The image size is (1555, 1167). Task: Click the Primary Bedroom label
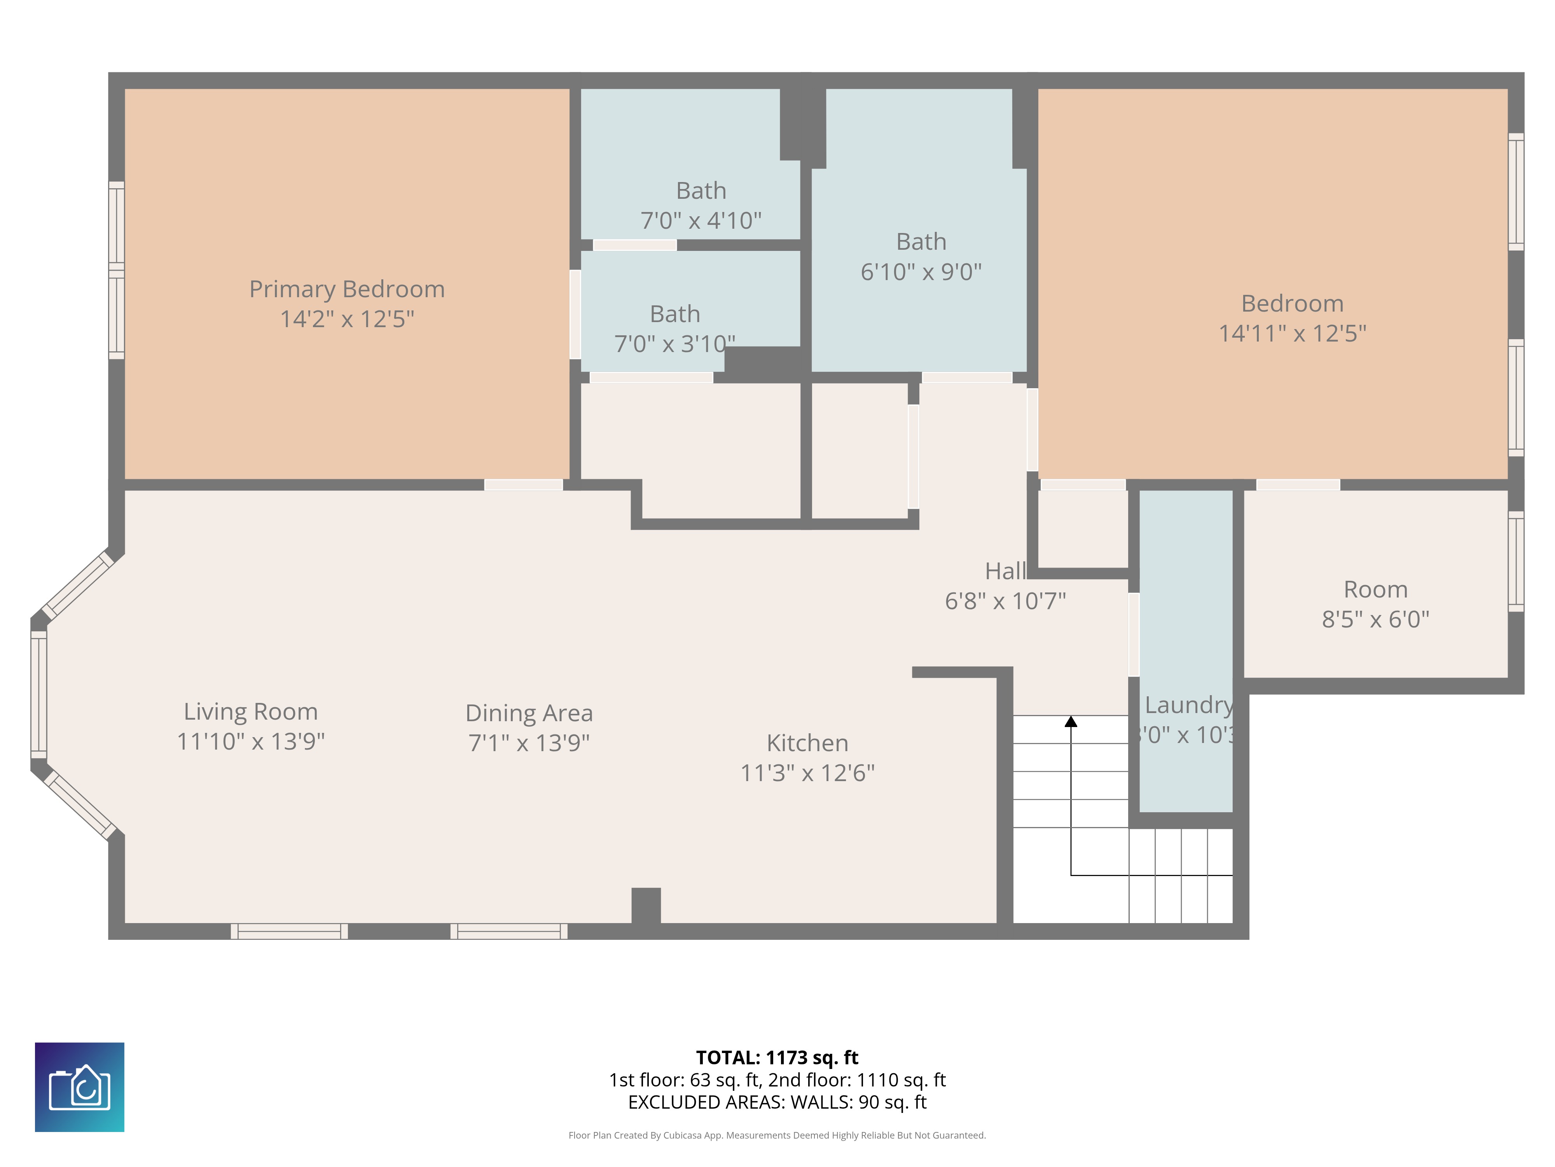(x=347, y=289)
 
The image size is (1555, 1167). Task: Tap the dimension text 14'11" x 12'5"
(x=1292, y=333)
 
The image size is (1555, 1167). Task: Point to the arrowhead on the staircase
(x=1071, y=722)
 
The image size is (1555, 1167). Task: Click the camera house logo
(x=79, y=1087)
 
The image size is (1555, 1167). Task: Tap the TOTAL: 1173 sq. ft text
(x=777, y=1058)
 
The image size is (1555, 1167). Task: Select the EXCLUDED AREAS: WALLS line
(x=777, y=1102)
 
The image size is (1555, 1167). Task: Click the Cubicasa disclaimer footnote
(x=777, y=1135)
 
